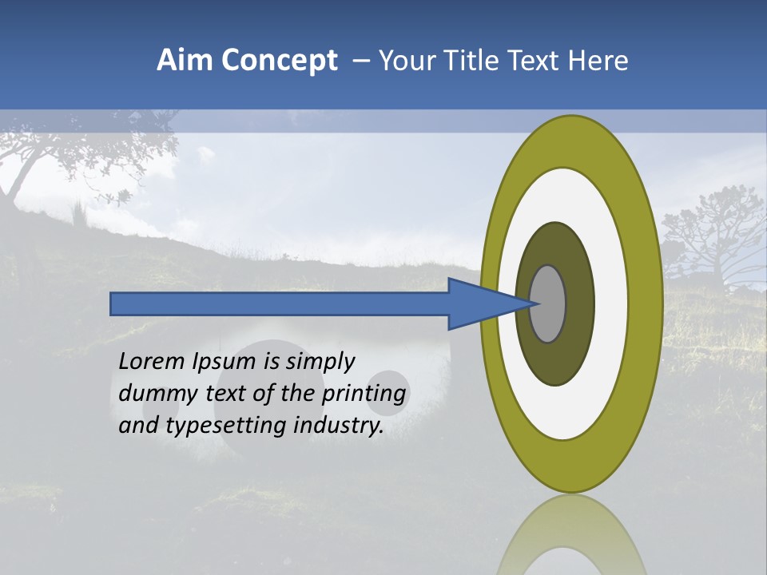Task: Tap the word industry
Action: pyautogui.click(x=339, y=426)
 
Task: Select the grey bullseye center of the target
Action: pyautogui.click(x=548, y=303)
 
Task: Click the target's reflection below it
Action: pyautogui.click(x=571, y=535)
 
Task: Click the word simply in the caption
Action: pyautogui.click(x=320, y=363)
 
